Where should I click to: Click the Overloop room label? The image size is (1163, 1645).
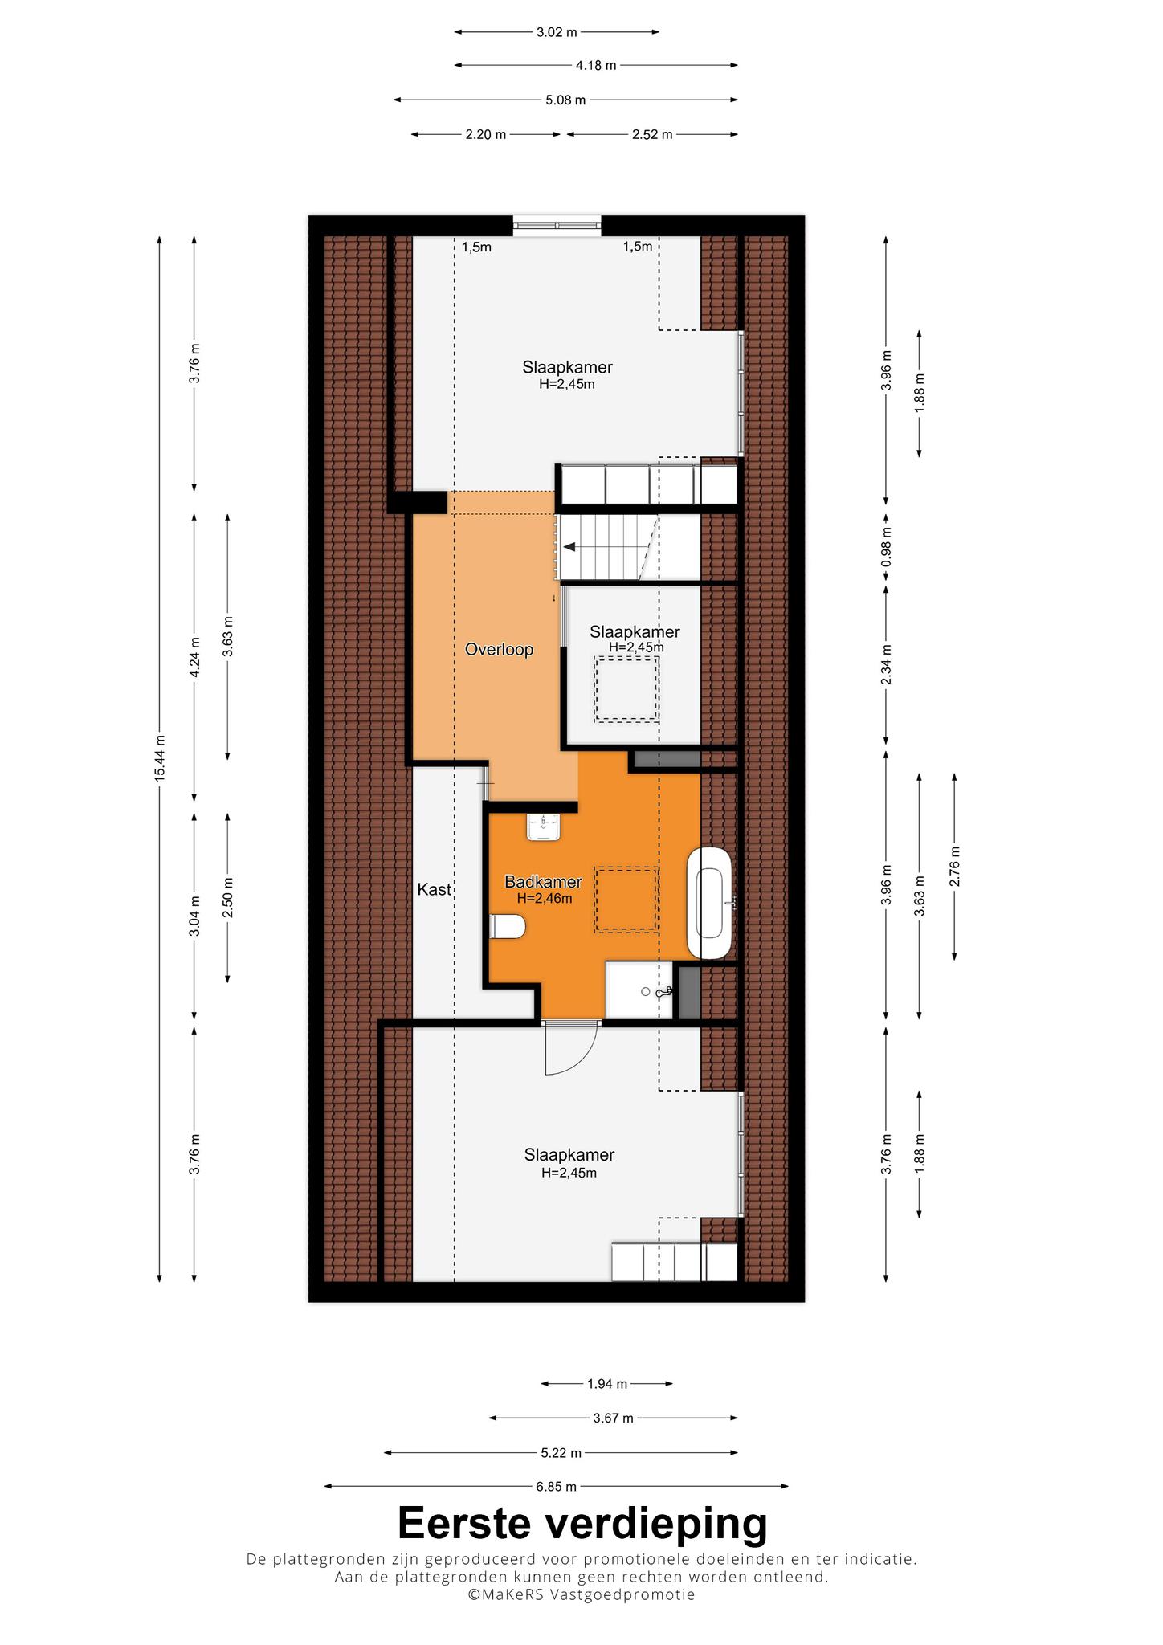pos(499,649)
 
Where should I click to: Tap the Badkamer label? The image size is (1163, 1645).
pos(543,882)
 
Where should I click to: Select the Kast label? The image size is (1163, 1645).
pos(434,889)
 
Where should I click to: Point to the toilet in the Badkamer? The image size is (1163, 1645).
pos(507,927)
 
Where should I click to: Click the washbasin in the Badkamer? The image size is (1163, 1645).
pos(543,827)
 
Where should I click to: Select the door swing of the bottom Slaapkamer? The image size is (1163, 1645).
pos(571,1051)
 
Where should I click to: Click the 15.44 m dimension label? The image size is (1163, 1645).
pos(160,757)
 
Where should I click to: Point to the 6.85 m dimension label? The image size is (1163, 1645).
pos(556,1486)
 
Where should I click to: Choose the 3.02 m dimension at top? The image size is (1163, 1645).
pos(557,32)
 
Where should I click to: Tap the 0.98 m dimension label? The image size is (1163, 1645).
pos(886,546)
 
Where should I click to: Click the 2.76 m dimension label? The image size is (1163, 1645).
pos(954,867)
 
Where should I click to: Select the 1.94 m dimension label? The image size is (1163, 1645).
pos(606,1383)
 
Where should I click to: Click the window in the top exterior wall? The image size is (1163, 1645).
pos(557,225)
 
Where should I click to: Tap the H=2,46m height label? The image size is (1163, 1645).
pos(545,899)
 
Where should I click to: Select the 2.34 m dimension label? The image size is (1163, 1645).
pos(886,664)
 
